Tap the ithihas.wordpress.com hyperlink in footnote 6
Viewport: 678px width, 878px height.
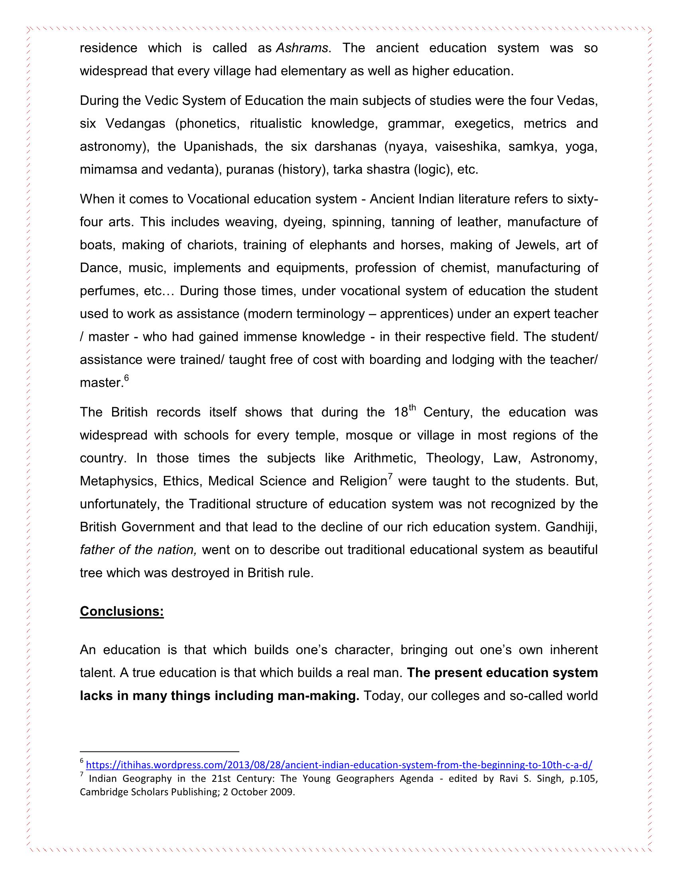(339, 764)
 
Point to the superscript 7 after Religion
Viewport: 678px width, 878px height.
(390, 477)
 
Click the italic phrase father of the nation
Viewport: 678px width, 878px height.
(138, 550)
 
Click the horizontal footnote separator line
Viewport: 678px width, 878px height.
(160, 751)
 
